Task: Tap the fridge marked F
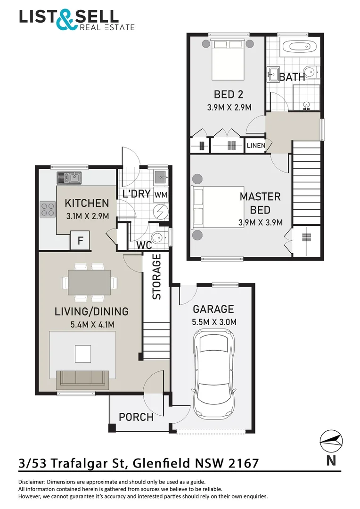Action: (x=80, y=240)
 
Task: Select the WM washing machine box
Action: (x=161, y=195)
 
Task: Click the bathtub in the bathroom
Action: (x=299, y=46)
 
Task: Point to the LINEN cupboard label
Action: (x=256, y=146)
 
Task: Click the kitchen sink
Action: (x=69, y=178)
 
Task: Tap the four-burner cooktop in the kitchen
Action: (x=48, y=209)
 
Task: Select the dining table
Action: (x=89, y=282)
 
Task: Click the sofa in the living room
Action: (x=82, y=380)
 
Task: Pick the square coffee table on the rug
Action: (x=83, y=354)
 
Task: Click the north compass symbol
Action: (x=331, y=442)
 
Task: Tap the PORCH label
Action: (x=136, y=417)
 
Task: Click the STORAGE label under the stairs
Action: (x=157, y=277)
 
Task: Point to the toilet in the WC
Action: (x=159, y=237)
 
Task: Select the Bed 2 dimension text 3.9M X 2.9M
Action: (x=229, y=107)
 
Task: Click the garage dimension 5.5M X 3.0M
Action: (x=214, y=322)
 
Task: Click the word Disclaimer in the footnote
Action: (x=32, y=482)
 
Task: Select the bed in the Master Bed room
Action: (x=218, y=207)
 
